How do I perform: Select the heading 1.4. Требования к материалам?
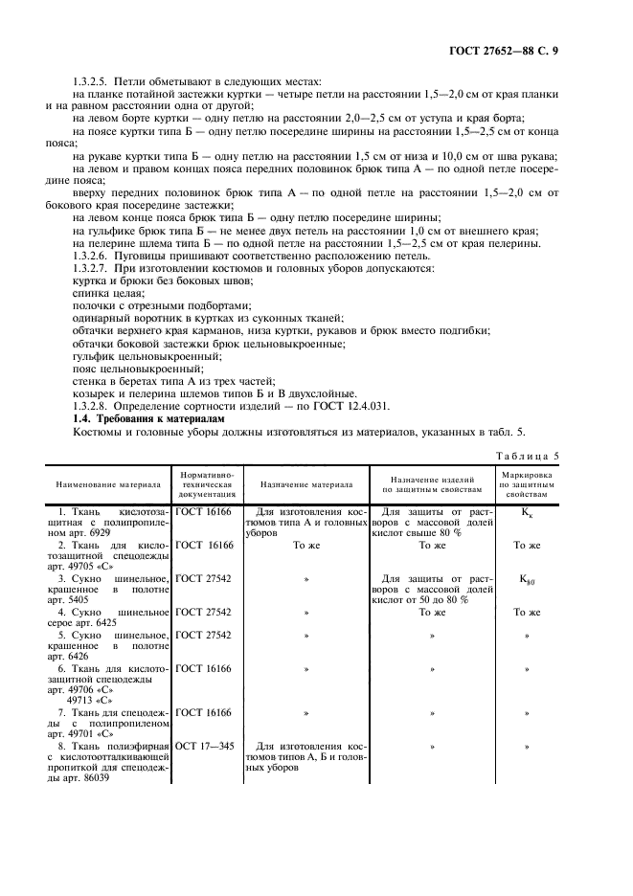pyautogui.click(x=147, y=418)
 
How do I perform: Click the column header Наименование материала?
pyautogui.click(x=107, y=484)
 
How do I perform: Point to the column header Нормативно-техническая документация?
pyautogui.click(x=206, y=484)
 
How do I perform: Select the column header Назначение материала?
pyautogui.click(x=306, y=484)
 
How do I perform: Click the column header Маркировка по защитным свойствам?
pyautogui.click(x=526, y=484)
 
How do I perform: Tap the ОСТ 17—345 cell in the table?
pyautogui.click(x=202, y=744)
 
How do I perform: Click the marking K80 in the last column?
pyautogui.click(x=526, y=579)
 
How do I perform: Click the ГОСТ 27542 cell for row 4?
pyautogui.click(x=204, y=612)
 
